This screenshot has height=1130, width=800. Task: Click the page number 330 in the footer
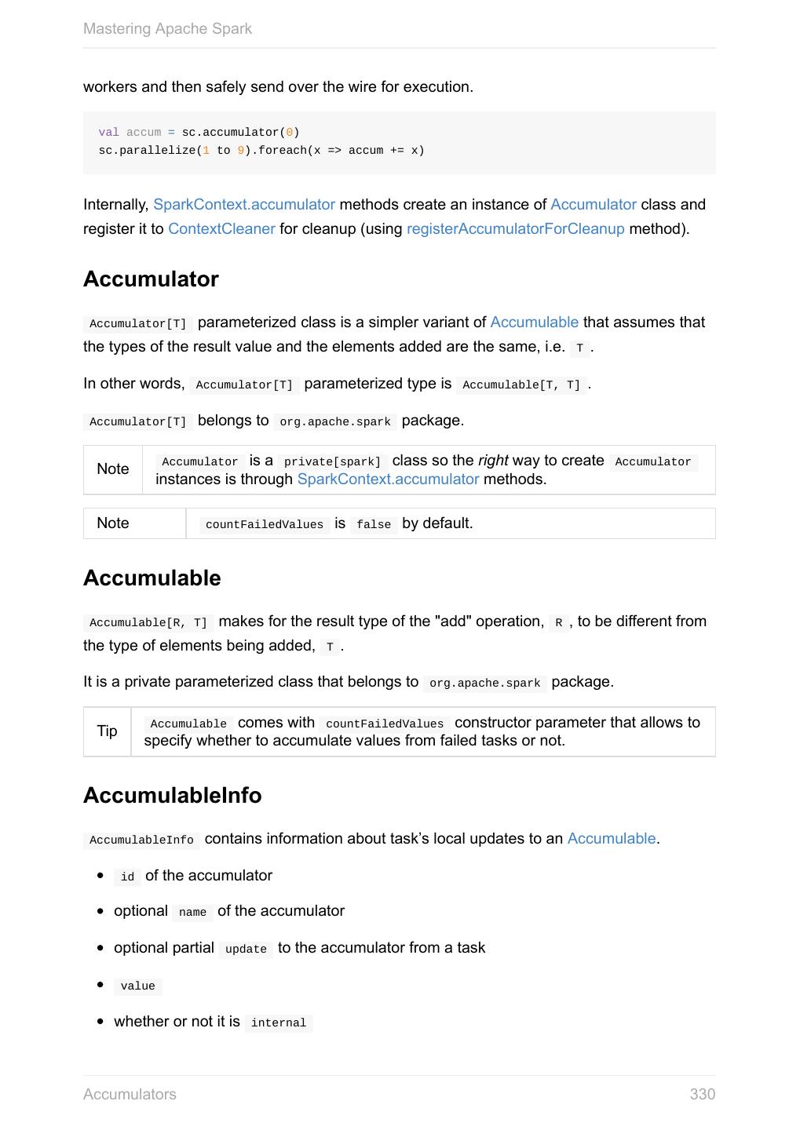(702, 1094)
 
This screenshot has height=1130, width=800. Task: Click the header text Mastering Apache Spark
(167, 29)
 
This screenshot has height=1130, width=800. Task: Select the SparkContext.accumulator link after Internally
(244, 205)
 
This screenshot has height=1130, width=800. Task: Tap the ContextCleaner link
(221, 229)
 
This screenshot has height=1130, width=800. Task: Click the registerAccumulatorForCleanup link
(515, 229)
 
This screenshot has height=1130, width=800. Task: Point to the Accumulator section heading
(151, 279)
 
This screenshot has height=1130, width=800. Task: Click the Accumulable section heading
(152, 578)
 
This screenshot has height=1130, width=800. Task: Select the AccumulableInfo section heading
(172, 796)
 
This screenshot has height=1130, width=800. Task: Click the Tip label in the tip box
(107, 731)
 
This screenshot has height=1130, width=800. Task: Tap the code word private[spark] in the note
(332, 462)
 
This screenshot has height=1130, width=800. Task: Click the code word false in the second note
(374, 525)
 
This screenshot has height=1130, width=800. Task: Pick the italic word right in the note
(493, 461)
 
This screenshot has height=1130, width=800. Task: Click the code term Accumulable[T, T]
(521, 385)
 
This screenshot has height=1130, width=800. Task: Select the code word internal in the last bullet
(279, 1023)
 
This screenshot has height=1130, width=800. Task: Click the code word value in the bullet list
(138, 986)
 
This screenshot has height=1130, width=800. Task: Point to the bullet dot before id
(100, 876)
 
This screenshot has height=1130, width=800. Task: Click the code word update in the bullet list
(246, 950)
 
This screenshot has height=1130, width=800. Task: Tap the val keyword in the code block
(108, 133)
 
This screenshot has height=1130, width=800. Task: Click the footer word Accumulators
(130, 1094)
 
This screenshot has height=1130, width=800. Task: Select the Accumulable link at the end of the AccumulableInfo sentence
(611, 839)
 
